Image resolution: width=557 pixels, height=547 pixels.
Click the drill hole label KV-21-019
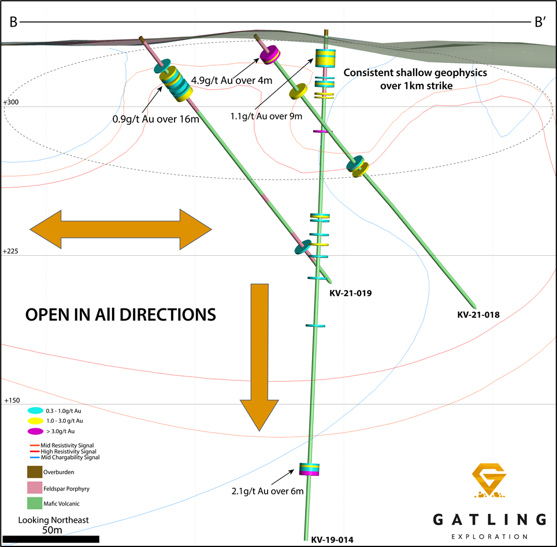[x=350, y=293]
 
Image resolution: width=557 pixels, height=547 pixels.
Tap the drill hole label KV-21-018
[x=478, y=315]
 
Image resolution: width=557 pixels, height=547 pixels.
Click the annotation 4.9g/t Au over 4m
[x=231, y=80]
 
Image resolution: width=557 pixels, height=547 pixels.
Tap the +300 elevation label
[x=11, y=102]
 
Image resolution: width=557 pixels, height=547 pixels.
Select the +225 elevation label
[x=11, y=251]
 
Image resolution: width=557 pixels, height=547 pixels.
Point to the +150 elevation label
[x=11, y=400]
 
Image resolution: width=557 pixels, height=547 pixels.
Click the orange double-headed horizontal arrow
[x=121, y=229]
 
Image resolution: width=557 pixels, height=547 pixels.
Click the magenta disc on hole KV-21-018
[x=269, y=55]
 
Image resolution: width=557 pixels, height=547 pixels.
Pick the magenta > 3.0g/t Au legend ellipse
[x=35, y=431]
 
